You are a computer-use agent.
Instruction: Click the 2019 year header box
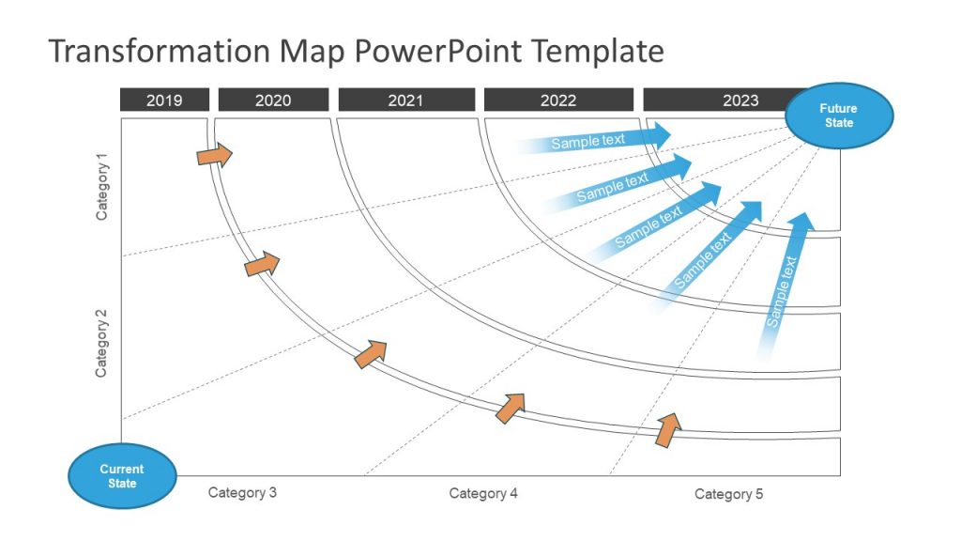[x=164, y=100]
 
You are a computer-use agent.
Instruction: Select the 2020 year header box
[x=273, y=100]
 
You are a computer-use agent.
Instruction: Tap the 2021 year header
[x=405, y=100]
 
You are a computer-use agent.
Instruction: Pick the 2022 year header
[x=558, y=100]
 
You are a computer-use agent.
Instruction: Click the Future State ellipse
[x=838, y=116]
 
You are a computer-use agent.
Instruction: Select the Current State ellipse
[x=122, y=475]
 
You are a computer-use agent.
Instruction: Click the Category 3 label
[x=242, y=492]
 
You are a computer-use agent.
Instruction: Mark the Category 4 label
[x=483, y=493]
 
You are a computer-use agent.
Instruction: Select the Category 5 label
[x=729, y=494]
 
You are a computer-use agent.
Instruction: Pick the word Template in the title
[x=599, y=51]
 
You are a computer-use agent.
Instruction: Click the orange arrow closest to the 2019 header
[x=214, y=154]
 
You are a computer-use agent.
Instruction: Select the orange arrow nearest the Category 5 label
[x=668, y=428]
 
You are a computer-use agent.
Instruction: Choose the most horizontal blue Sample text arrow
[x=596, y=139]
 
